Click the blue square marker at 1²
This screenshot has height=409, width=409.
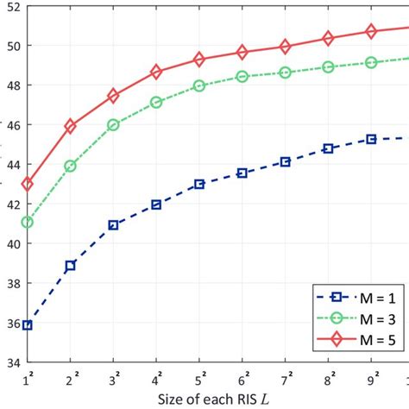pos(28,325)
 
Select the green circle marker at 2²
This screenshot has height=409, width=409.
pos(71,166)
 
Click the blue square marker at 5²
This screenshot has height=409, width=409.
pos(199,185)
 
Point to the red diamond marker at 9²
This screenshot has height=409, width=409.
pos(371,31)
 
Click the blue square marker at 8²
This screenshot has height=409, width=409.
pos(328,148)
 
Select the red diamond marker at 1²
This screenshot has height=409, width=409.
pos(28,184)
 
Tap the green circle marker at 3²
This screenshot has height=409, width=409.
pos(113,125)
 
